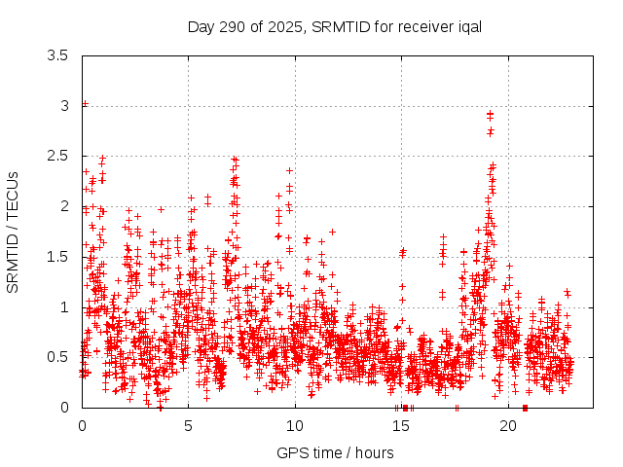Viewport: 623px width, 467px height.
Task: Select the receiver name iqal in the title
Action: coord(467,26)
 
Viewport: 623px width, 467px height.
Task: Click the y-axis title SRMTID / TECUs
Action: coord(14,232)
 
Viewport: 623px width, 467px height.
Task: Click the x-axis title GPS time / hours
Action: coord(335,452)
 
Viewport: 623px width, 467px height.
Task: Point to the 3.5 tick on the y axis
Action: coord(57,55)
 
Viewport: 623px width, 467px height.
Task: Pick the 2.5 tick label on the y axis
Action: coord(57,156)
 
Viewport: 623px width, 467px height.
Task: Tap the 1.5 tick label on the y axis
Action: coord(57,257)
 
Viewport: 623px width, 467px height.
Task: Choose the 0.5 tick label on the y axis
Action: coord(57,357)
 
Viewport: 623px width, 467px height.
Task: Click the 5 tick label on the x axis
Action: coord(189,425)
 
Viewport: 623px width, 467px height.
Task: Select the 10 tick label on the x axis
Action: coord(295,425)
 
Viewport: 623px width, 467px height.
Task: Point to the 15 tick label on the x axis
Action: coord(402,425)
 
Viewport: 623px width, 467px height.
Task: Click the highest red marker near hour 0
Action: coord(85,103)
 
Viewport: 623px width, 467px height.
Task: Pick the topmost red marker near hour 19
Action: coord(490,114)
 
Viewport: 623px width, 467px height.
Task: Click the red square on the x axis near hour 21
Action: coord(525,408)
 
